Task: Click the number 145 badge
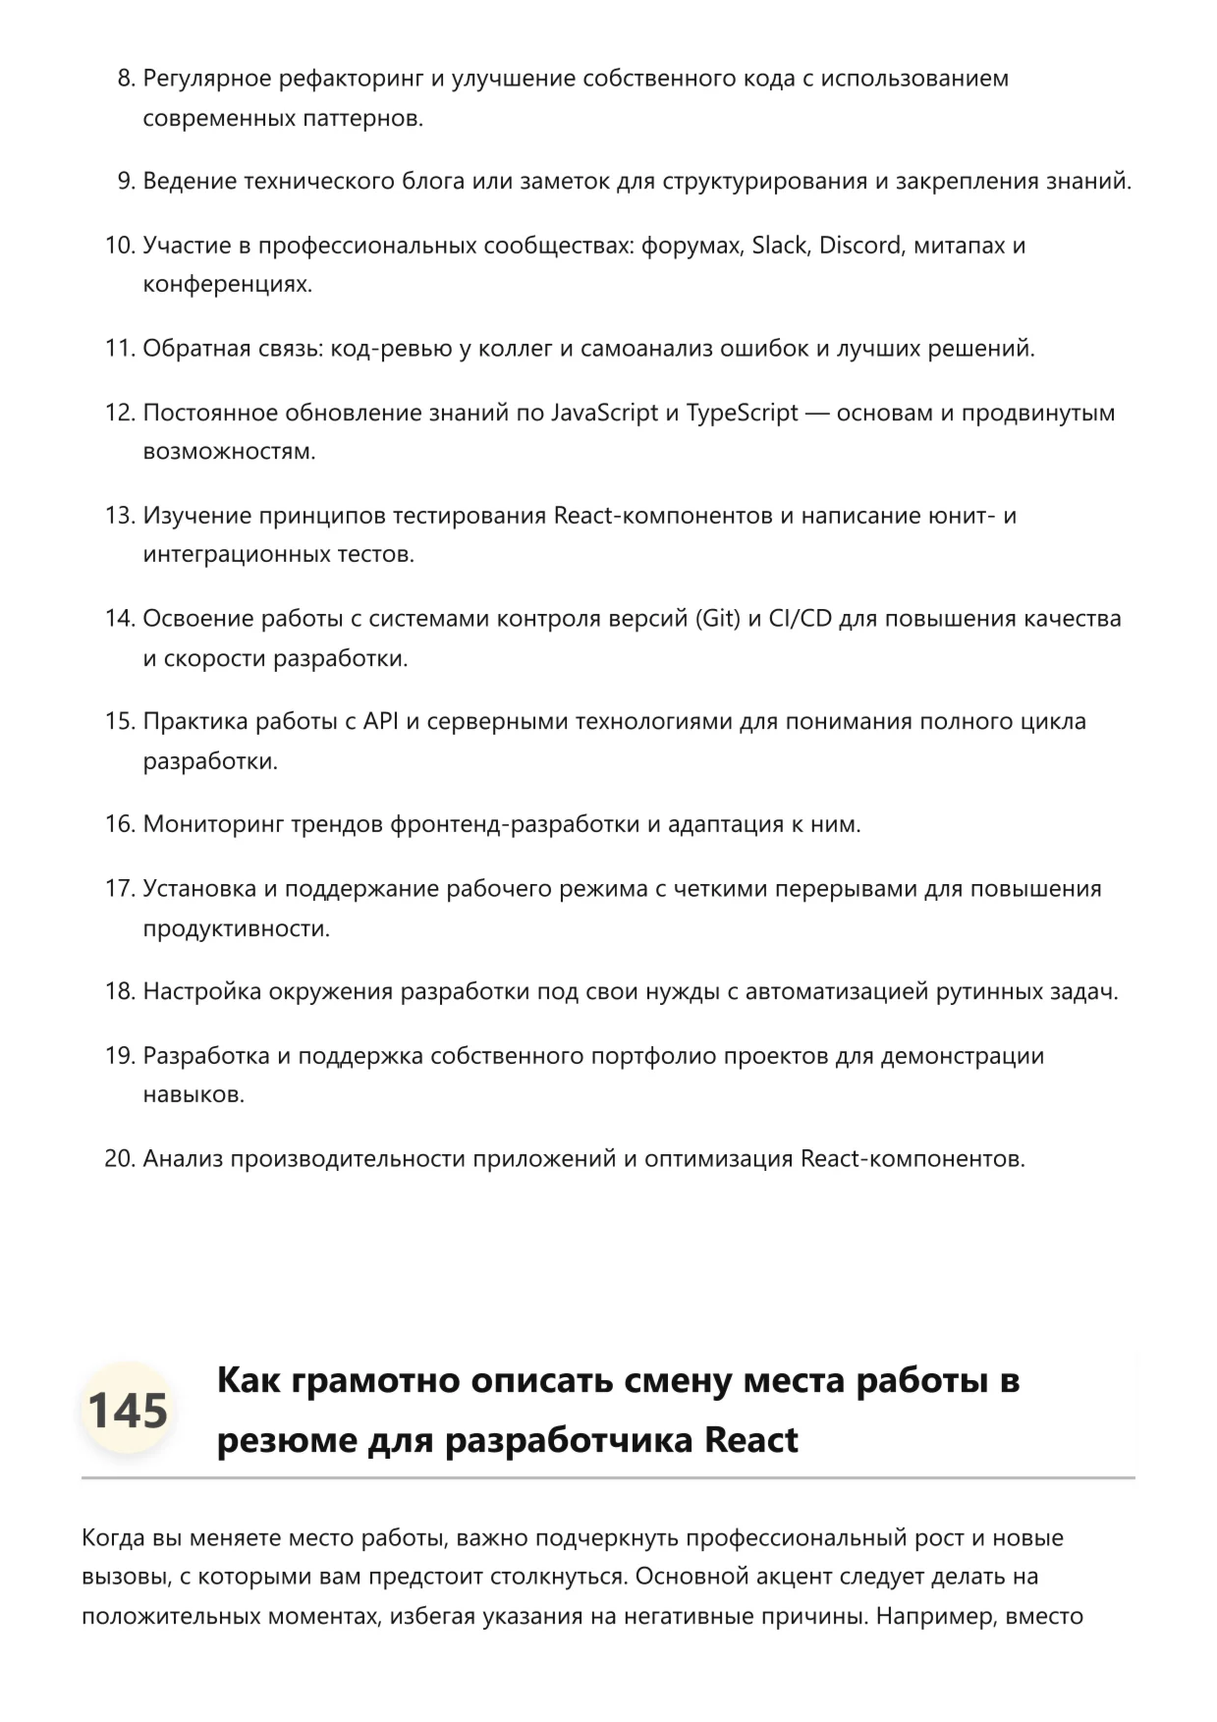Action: coord(128,1410)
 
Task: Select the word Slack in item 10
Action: coord(779,245)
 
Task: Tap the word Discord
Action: coord(860,245)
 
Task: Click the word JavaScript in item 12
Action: coord(604,413)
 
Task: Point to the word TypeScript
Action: coord(742,413)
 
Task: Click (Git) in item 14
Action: coord(718,619)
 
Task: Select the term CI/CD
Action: coord(801,619)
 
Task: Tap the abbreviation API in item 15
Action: coord(381,721)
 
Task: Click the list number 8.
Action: coord(125,79)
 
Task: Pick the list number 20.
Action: coord(119,1159)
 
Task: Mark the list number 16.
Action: coord(119,824)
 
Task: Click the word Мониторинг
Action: coord(213,824)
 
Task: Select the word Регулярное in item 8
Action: coord(206,79)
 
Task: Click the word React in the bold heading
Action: coord(751,1440)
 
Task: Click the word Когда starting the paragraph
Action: coord(113,1537)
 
